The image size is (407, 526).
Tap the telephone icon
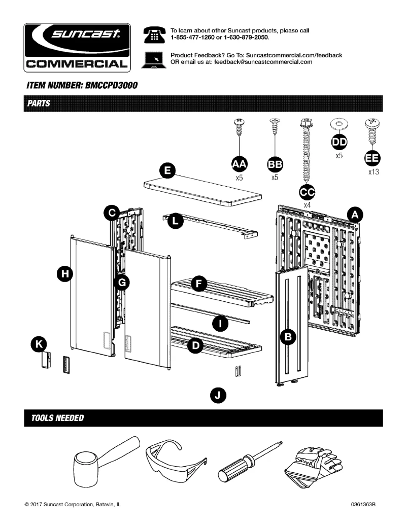click(x=153, y=34)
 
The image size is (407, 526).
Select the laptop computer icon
click(x=153, y=59)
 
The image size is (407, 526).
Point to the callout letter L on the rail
click(x=175, y=221)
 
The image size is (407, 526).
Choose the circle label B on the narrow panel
click(x=288, y=336)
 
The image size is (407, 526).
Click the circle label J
click(x=218, y=395)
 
